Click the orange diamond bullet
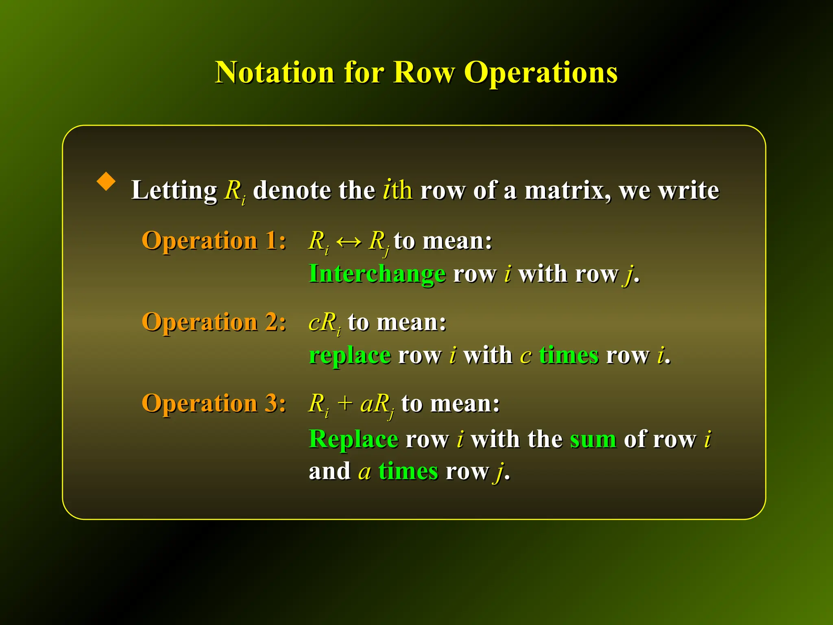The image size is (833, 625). click(106, 181)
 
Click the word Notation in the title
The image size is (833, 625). click(275, 73)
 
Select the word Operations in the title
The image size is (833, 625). click(541, 73)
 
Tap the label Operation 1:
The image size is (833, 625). click(214, 240)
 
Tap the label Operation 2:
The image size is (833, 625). click(214, 322)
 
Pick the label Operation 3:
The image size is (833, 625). click(214, 403)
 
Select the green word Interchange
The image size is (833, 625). click(377, 273)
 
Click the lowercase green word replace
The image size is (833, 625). click(350, 356)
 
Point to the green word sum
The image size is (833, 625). click(593, 439)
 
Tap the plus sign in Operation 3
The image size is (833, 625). click(345, 404)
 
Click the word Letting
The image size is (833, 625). click(174, 190)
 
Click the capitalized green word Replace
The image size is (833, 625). click(353, 439)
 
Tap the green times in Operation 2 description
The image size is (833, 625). click(569, 355)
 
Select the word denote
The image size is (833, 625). click(291, 190)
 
